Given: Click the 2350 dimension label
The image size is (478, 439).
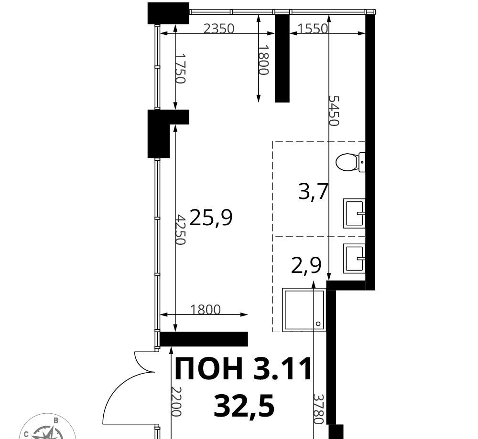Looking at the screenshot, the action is pyautogui.click(x=218, y=29).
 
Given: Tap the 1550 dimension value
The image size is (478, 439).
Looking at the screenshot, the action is pyautogui.click(x=313, y=29).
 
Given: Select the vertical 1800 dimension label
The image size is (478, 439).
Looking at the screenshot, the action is pyautogui.click(x=264, y=60).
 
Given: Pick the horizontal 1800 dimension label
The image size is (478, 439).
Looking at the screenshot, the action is pyautogui.click(x=205, y=310).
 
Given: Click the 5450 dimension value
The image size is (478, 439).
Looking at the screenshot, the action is pyautogui.click(x=334, y=111).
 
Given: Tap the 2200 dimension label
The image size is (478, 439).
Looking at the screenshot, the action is pyautogui.click(x=176, y=401).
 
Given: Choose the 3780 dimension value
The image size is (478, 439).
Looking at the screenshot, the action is pyautogui.click(x=318, y=409).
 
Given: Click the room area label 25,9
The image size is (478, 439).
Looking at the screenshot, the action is pyautogui.click(x=211, y=218).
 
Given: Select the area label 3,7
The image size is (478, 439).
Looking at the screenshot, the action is pyautogui.click(x=313, y=192).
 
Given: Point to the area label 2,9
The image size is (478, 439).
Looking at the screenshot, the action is pyautogui.click(x=306, y=265).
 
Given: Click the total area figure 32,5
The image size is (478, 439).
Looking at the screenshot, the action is pyautogui.click(x=244, y=406).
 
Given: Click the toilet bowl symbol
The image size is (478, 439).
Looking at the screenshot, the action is pyautogui.click(x=350, y=162).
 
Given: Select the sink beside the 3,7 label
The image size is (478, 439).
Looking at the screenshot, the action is pyautogui.click(x=354, y=213).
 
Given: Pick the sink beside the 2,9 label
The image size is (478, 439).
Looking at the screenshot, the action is pyautogui.click(x=354, y=258).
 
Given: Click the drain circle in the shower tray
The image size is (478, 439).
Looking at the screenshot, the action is pyautogui.click(x=318, y=324).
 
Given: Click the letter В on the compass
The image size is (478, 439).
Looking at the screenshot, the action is pyautogui.click(x=56, y=421).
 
